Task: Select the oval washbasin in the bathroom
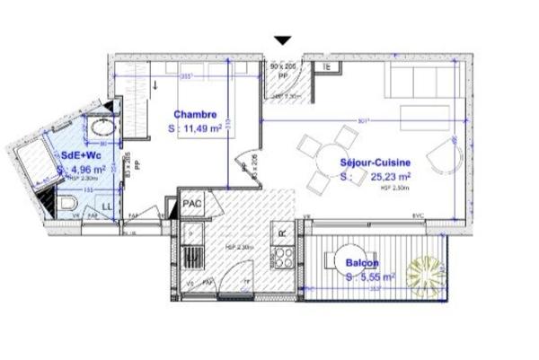101,127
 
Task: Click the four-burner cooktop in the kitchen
284,259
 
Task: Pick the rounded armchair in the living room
437,162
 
